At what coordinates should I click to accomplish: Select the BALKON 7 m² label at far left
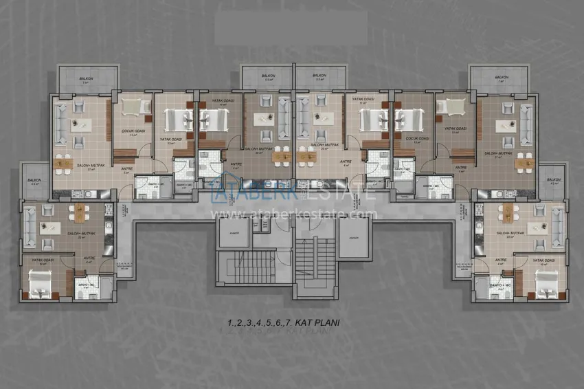[x=86, y=80]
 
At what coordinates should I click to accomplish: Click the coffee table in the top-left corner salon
[x=83, y=124]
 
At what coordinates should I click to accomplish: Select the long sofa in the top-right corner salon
[x=527, y=122]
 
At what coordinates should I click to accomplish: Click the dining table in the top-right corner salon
[x=525, y=162]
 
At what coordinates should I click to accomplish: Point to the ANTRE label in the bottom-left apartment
[x=89, y=259]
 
